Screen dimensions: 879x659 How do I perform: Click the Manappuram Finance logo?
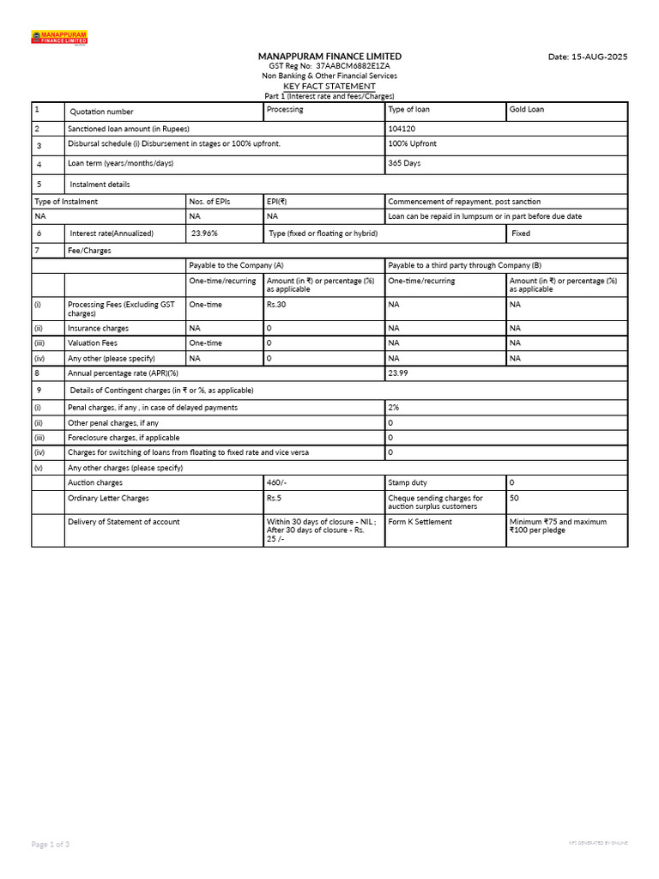(x=59, y=38)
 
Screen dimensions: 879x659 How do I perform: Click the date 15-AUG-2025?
(x=588, y=57)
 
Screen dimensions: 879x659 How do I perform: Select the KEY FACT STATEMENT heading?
(x=329, y=87)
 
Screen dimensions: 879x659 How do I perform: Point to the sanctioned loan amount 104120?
(x=402, y=128)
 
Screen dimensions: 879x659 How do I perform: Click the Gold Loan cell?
(x=526, y=110)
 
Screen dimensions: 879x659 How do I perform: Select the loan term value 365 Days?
(x=404, y=163)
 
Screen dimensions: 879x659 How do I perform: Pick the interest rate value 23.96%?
(x=204, y=233)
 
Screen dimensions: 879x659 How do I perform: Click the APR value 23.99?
(x=398, y=373)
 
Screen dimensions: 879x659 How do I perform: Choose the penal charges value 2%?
(x=393, y=408)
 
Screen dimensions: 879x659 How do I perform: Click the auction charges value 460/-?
(x=276, y=483)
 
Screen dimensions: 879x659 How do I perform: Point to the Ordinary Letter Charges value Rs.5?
(x=274, y=499)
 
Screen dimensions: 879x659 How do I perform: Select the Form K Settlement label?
(x=420, y=522)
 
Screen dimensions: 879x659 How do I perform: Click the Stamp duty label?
(x=408, y=483)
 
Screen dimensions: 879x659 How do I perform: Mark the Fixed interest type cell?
(x=520, y=233)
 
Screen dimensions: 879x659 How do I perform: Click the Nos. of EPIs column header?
(x=209, y=202)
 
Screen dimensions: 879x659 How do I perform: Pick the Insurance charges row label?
(x=98, y=329)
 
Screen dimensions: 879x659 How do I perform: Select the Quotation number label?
(x=101, y=112)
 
